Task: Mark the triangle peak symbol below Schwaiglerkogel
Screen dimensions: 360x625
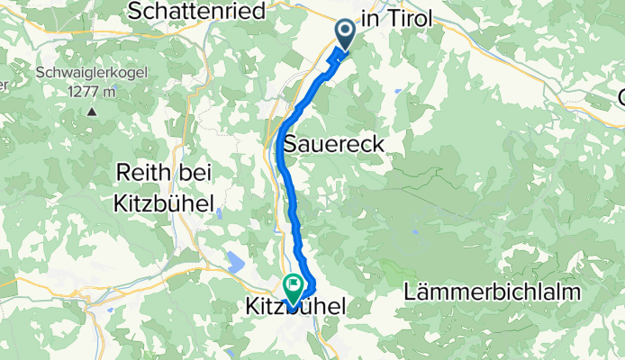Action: (x=92, y=112)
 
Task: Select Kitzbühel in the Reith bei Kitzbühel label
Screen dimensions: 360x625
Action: (x=163, y=203)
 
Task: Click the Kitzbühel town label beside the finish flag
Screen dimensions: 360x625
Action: (x=295, y=308)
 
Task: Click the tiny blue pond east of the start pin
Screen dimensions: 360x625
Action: (x=397, y=91)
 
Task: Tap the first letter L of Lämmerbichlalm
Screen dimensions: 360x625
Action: (x=412, y=292)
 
